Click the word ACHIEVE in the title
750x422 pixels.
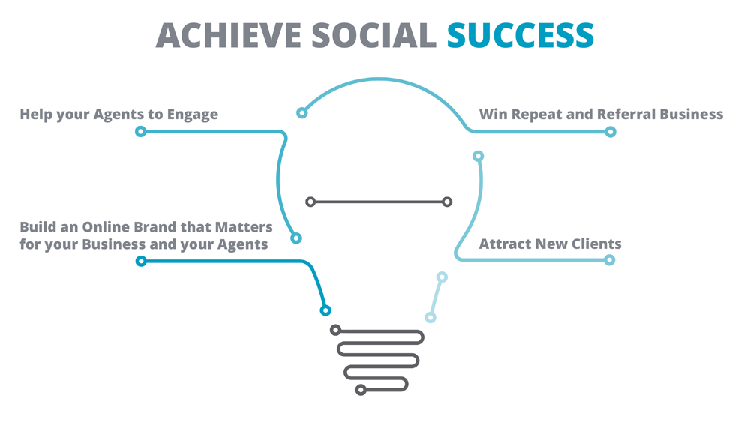(x=228, y=36)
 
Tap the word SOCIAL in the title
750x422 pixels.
(x=374, y=36)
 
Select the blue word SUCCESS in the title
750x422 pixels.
(x=520, y=36)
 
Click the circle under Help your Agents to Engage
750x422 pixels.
(x=141, y=131)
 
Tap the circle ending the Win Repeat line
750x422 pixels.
(x=610, y=132)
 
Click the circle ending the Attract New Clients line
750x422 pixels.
(x=609, y=260)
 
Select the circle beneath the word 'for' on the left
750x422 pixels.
(x=141, y=261)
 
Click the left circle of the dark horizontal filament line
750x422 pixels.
(x=311, y=202)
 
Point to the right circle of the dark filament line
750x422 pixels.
(x=447, y=202)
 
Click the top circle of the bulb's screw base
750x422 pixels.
(x=336, y=330)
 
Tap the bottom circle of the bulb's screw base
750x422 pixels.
(x=361, y=390)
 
